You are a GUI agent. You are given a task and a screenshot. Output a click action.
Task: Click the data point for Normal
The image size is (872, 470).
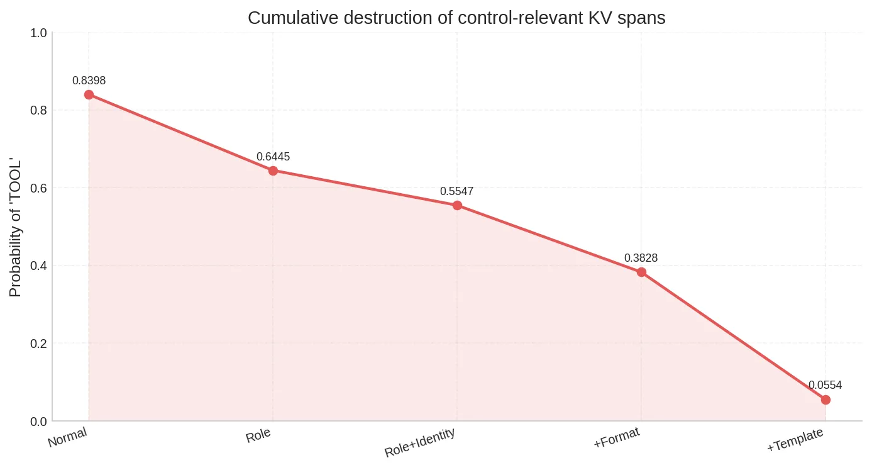click(x=89, y=94)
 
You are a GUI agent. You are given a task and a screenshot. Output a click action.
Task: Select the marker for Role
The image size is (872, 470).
click(x=273, y=171)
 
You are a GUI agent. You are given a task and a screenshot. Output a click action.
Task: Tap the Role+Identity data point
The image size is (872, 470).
click(x=457, y=205)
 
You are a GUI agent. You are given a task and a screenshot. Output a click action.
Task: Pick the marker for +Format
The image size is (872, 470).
click(x=641, y=272)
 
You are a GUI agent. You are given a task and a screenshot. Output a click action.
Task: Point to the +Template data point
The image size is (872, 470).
click(x=825, y=400)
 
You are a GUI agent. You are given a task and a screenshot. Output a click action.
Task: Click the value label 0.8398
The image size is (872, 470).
click(x=89, y=81)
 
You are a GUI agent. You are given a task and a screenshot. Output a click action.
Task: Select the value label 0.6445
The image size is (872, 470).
click(x=273, y=157)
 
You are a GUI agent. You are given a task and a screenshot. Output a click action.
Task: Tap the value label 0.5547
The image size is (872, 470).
click(x=456, y=191)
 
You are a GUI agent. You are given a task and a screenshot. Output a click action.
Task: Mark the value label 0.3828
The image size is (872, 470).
click(x=641, y=258)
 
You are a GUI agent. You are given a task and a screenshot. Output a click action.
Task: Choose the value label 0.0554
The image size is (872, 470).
click(x=825, y=385)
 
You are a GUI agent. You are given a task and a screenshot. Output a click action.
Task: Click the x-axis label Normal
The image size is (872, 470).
click(x=67, y=437)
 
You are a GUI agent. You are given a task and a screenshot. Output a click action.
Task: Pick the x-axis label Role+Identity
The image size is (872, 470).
click(x=420, y=443)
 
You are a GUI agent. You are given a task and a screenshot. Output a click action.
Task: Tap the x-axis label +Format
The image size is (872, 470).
click(x=617, y=438)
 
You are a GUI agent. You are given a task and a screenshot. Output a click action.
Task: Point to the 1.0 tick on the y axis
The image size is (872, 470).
click(x=38, y=33)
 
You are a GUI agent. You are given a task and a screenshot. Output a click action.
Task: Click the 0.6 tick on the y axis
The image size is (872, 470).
click(x=38, y=188)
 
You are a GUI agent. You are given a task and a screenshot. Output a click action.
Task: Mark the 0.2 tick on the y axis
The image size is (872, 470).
click(x=38, y=344)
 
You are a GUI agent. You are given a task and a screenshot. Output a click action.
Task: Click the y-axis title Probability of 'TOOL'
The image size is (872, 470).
click(x=16, y=227)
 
